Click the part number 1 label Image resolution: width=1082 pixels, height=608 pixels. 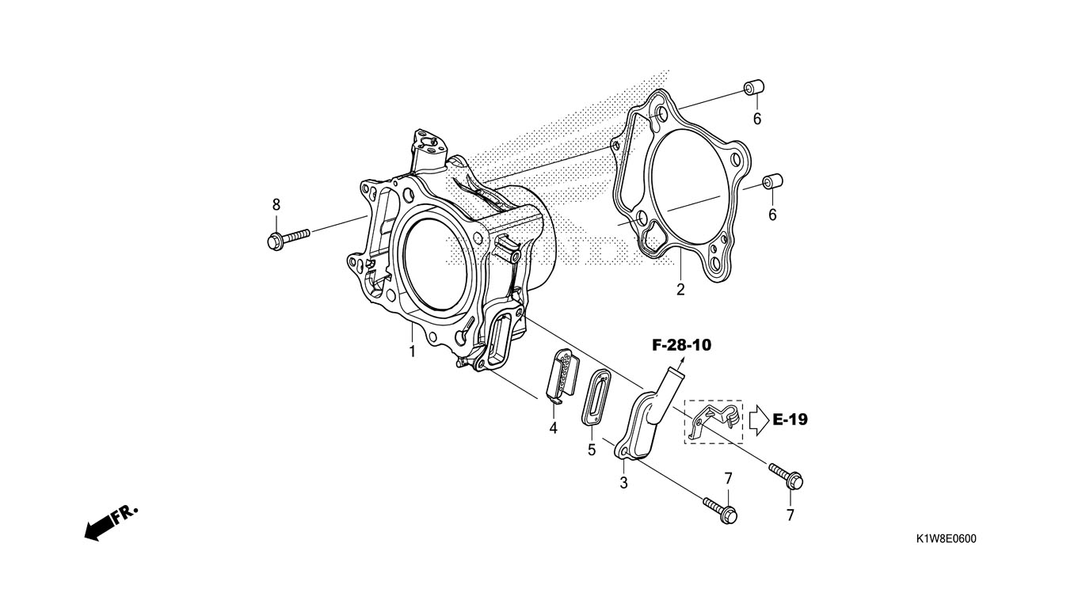click(412, 351)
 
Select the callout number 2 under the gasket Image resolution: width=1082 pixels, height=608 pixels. click(680, 290)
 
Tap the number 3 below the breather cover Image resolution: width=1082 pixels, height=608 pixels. click(623, 482)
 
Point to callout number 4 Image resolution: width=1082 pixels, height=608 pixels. click(553, 427)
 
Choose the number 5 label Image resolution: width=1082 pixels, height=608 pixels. click(592, 450)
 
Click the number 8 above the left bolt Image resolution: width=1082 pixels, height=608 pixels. click(276, 205)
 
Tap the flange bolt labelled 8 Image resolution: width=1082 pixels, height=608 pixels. click(288, 238)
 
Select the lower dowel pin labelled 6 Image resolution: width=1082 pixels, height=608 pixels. click(773, 181)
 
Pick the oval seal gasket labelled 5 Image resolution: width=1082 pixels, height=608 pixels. click(600, 397)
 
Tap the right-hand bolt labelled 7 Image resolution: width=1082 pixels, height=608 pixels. click(787, 476)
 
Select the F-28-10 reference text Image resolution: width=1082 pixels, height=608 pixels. click(681, 345)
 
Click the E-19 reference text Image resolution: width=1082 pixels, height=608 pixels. click(790, 419)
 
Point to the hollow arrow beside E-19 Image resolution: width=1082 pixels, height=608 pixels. click(758, 420)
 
